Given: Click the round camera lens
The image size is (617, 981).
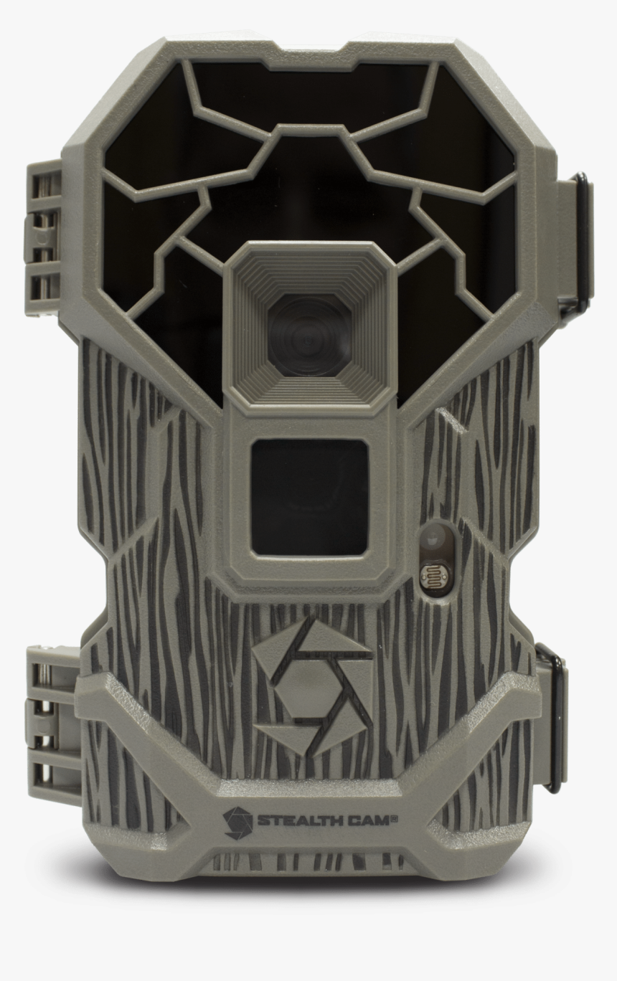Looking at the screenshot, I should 311,331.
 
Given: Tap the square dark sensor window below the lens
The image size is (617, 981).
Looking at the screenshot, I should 310,497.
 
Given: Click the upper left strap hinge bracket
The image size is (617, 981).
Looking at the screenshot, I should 44,231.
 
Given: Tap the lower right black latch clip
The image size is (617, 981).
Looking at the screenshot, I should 551,717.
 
